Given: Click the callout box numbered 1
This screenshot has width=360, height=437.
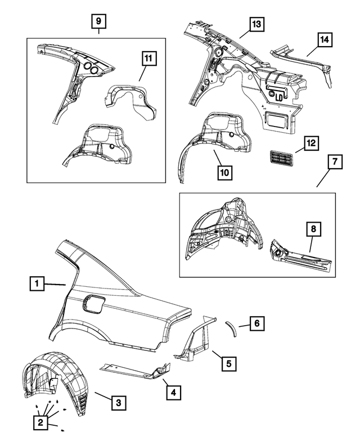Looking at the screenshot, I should (x=37, y=285).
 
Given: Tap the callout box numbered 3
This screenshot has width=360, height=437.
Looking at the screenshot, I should (x=118, y=403).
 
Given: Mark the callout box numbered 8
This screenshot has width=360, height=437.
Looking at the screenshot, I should (x=313, y=229).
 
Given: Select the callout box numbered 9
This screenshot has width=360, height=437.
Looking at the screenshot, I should (x=98, y=22).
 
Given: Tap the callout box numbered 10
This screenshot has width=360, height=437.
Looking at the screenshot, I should (x=223, y=173).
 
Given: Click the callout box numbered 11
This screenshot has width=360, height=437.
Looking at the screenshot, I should (x=148, y=58).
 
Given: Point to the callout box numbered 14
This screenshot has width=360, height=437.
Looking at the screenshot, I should (x=325, y=40).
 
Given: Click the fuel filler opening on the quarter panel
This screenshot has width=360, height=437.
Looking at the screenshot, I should (x=93, y=304).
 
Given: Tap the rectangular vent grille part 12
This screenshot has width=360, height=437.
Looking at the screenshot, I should (x=284, y=158).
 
